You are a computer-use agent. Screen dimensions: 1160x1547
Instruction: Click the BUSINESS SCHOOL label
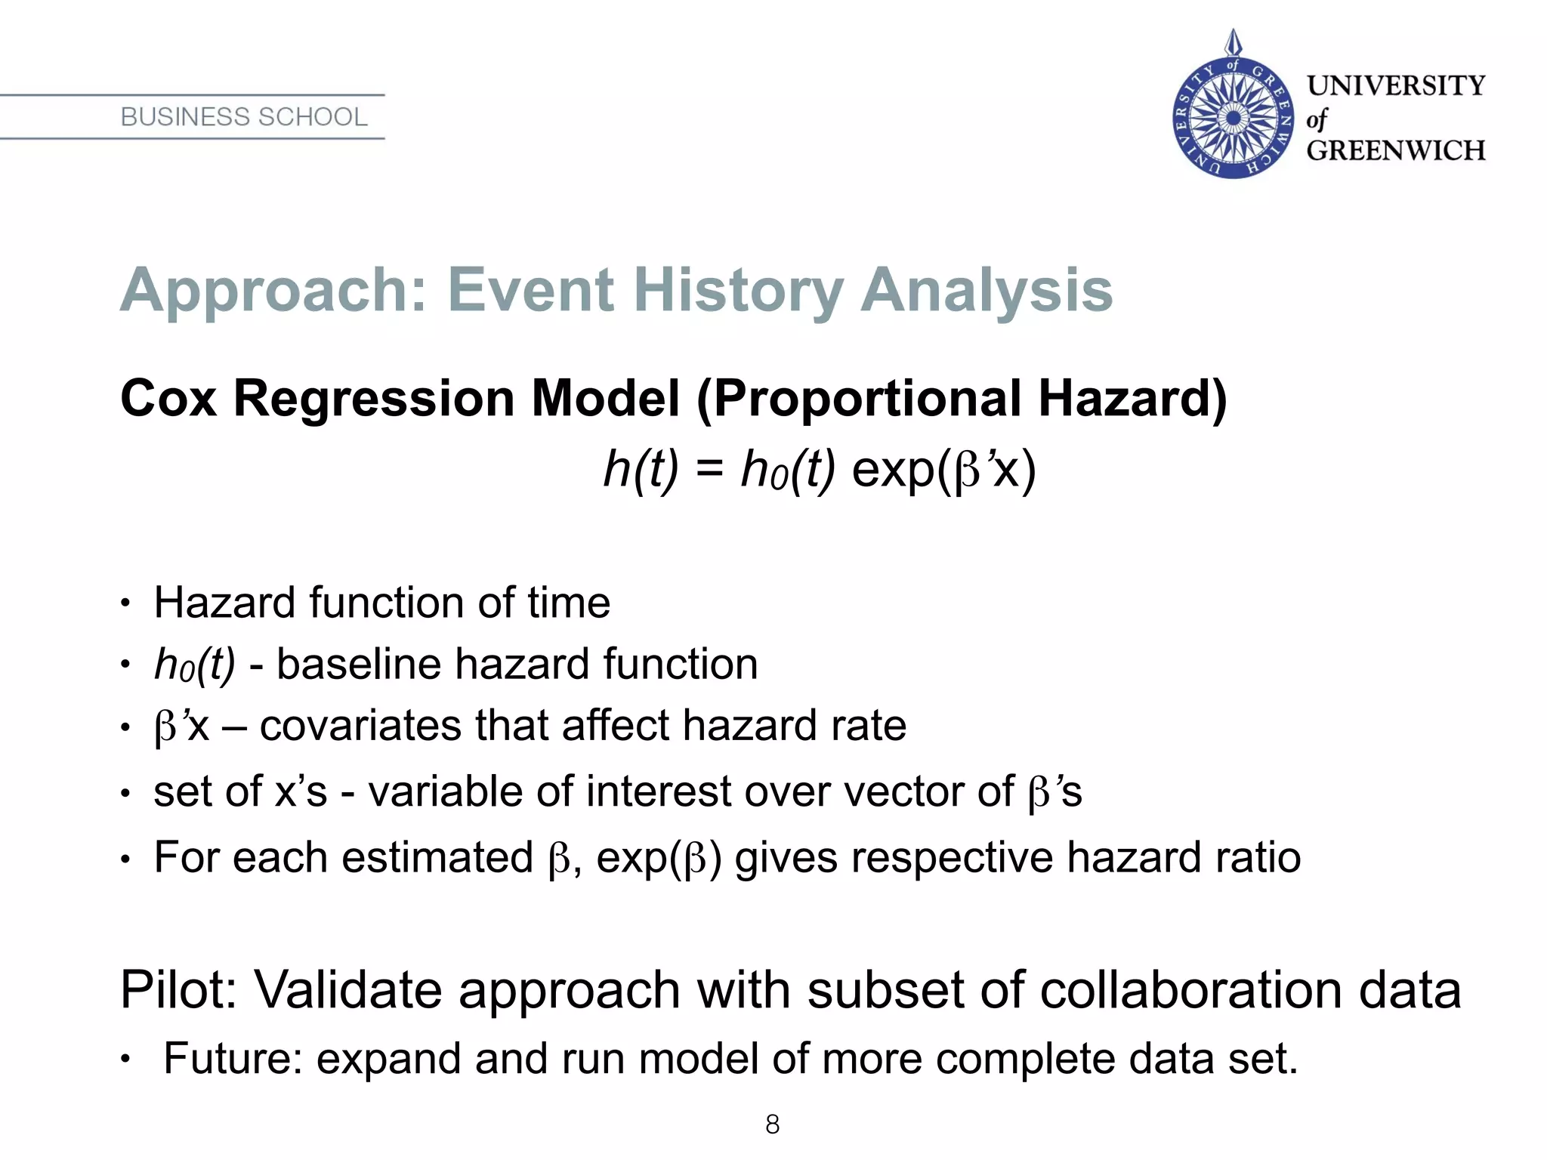coord(243,117)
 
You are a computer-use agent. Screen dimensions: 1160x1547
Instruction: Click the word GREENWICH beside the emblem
coord(1395,150)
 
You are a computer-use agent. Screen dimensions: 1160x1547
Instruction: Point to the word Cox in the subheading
coord(168,398)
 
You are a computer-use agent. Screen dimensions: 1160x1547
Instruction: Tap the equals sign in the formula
coord(710,470)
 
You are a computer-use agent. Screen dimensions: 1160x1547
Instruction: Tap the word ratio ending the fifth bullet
coord(1258,857)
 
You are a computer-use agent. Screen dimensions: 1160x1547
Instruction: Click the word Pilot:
coord(178,989)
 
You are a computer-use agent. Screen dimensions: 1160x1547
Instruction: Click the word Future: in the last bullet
coord(233,1058)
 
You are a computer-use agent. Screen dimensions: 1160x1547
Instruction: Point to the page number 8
coord(772,1125)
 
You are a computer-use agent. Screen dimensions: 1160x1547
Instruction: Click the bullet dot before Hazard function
coord(125,603)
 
